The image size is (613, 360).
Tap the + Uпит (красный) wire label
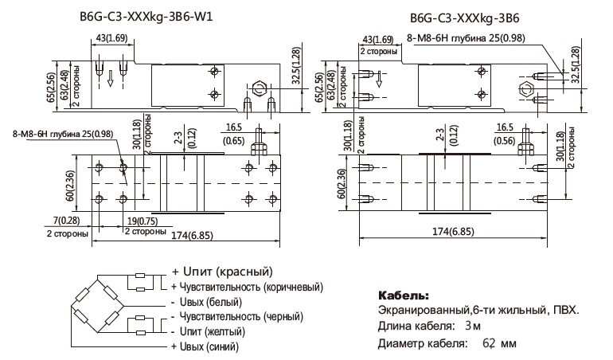pos(221,272)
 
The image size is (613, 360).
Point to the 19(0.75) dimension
pos(144,221)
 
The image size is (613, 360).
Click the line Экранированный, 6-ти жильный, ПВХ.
pos(477,310)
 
